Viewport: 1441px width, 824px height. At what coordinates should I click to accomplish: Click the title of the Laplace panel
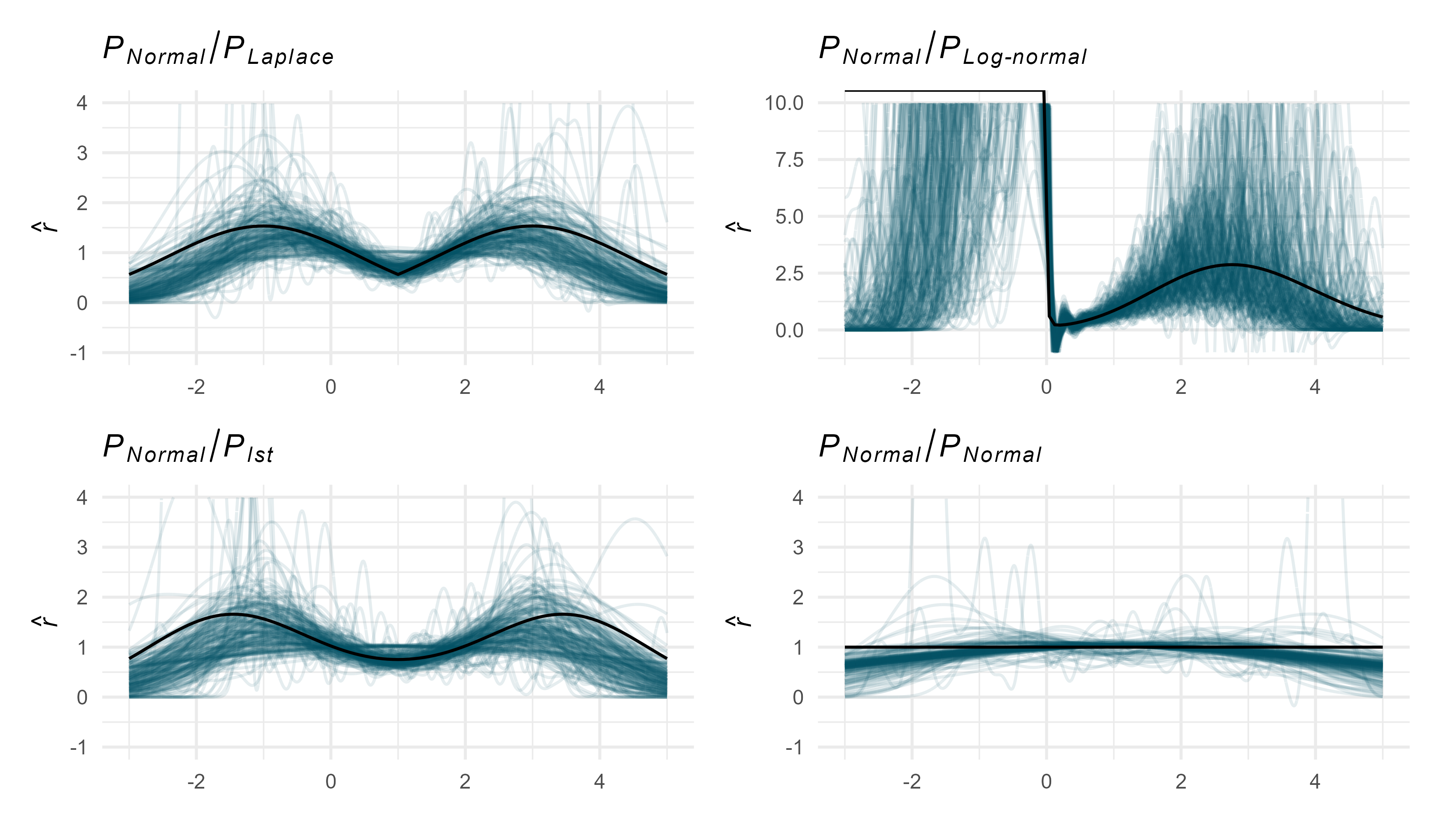click(218, 51)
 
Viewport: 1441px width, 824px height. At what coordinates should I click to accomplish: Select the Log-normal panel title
click(952, 51)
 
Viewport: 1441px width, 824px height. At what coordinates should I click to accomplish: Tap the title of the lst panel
click(188, 448)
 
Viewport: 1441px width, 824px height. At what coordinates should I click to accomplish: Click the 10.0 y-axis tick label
click(784, 103)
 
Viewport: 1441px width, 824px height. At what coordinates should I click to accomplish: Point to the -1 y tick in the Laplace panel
click(79, 353)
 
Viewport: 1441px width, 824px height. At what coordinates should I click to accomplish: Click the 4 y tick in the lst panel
click(83, 498)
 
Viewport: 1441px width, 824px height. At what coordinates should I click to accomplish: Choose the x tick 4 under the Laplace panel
click(599, 387)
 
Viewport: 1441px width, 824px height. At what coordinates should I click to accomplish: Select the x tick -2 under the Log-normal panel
click(912, 387)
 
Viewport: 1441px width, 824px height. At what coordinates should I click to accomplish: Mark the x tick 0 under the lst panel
click(331, 782)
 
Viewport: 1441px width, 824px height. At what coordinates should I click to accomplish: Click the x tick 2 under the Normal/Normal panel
click(1181, 782)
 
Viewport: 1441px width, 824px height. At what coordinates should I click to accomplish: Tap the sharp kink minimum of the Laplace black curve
click(398, 274)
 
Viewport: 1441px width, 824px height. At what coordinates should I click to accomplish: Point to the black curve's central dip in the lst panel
click(398, 659)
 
